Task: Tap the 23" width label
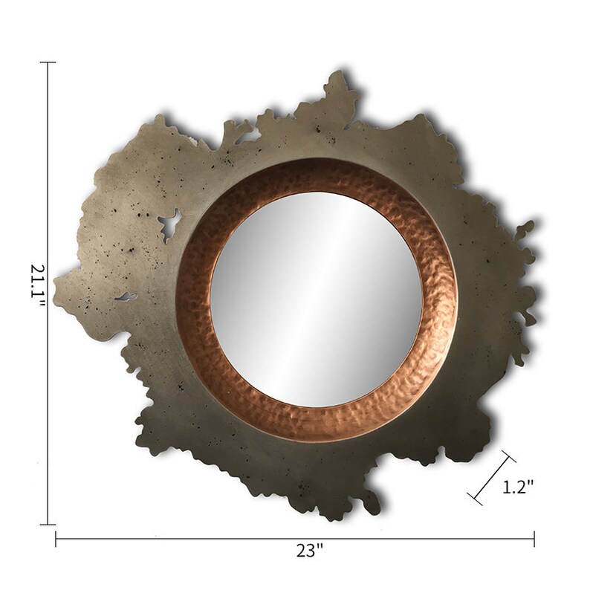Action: (x=309, y=551)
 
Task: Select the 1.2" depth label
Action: (x=518, y=487)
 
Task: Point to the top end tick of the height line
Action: (x=48, y=62)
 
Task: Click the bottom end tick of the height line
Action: (x=48, y=525)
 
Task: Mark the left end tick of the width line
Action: (x=56, y=539)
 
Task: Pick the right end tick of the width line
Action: (x=534, y=539)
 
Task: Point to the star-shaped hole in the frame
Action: (x=170, y=224)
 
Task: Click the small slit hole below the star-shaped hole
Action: (x=126, y=297)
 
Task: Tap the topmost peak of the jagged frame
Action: (x=338, y=74)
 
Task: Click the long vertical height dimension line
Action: (x=48, y=186)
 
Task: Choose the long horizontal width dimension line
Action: (x=186, y=539)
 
